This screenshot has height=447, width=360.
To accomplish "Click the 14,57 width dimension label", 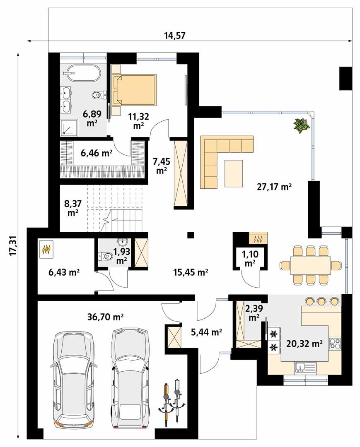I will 174,36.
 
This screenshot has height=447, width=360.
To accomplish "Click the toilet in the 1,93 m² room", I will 104,257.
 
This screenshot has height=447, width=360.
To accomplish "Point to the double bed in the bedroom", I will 134,90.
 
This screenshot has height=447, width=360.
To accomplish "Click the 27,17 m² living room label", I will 275,187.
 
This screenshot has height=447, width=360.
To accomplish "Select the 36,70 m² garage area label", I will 106,317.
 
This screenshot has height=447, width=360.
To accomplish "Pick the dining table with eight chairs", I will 310,265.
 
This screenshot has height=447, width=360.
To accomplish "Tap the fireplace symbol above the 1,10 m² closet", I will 258,239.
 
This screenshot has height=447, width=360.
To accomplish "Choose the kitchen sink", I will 305,367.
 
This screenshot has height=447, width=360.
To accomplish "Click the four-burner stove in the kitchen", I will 335,343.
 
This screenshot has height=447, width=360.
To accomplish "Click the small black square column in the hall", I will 191,235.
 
